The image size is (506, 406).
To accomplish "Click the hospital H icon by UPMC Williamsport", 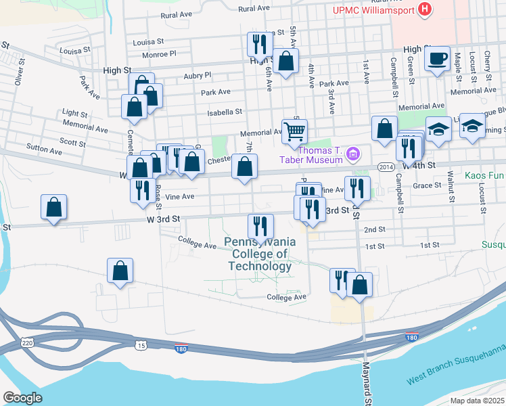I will click(425, 9).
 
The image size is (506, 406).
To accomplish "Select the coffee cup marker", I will click(438, 58).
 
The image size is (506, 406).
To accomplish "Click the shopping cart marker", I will click(294, 130).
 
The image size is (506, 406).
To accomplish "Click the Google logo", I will click(22, 398).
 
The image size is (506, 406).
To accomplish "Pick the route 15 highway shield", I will click(141, 346).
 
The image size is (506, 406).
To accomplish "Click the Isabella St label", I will click(225, 112).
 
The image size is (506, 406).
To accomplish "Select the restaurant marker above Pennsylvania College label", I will click(260, 226).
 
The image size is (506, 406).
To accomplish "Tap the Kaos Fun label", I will click(485, 175).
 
